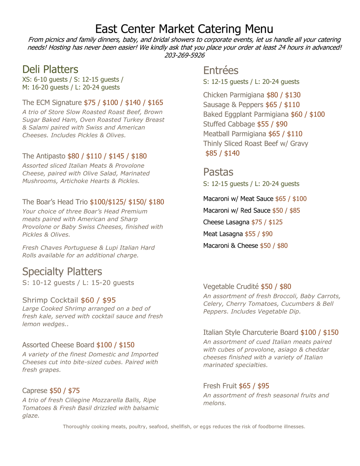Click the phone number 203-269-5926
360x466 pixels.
pos(184,55)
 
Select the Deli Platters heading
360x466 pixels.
pos(50,69)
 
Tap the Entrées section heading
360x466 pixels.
pos(221,70)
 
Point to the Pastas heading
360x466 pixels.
pos(218,172)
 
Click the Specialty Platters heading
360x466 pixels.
pos(62,272)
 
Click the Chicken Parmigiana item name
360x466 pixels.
pos(233,95)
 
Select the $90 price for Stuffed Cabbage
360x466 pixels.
pos(282,124)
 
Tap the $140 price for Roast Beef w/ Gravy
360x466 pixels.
pos(232,153)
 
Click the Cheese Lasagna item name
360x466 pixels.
pos(226,222)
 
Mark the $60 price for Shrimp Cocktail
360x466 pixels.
pos(88,300)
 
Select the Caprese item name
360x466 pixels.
pos(35,391)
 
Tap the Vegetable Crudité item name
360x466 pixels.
pos(231,287)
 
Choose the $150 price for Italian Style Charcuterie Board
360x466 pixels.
pos(331,333)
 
